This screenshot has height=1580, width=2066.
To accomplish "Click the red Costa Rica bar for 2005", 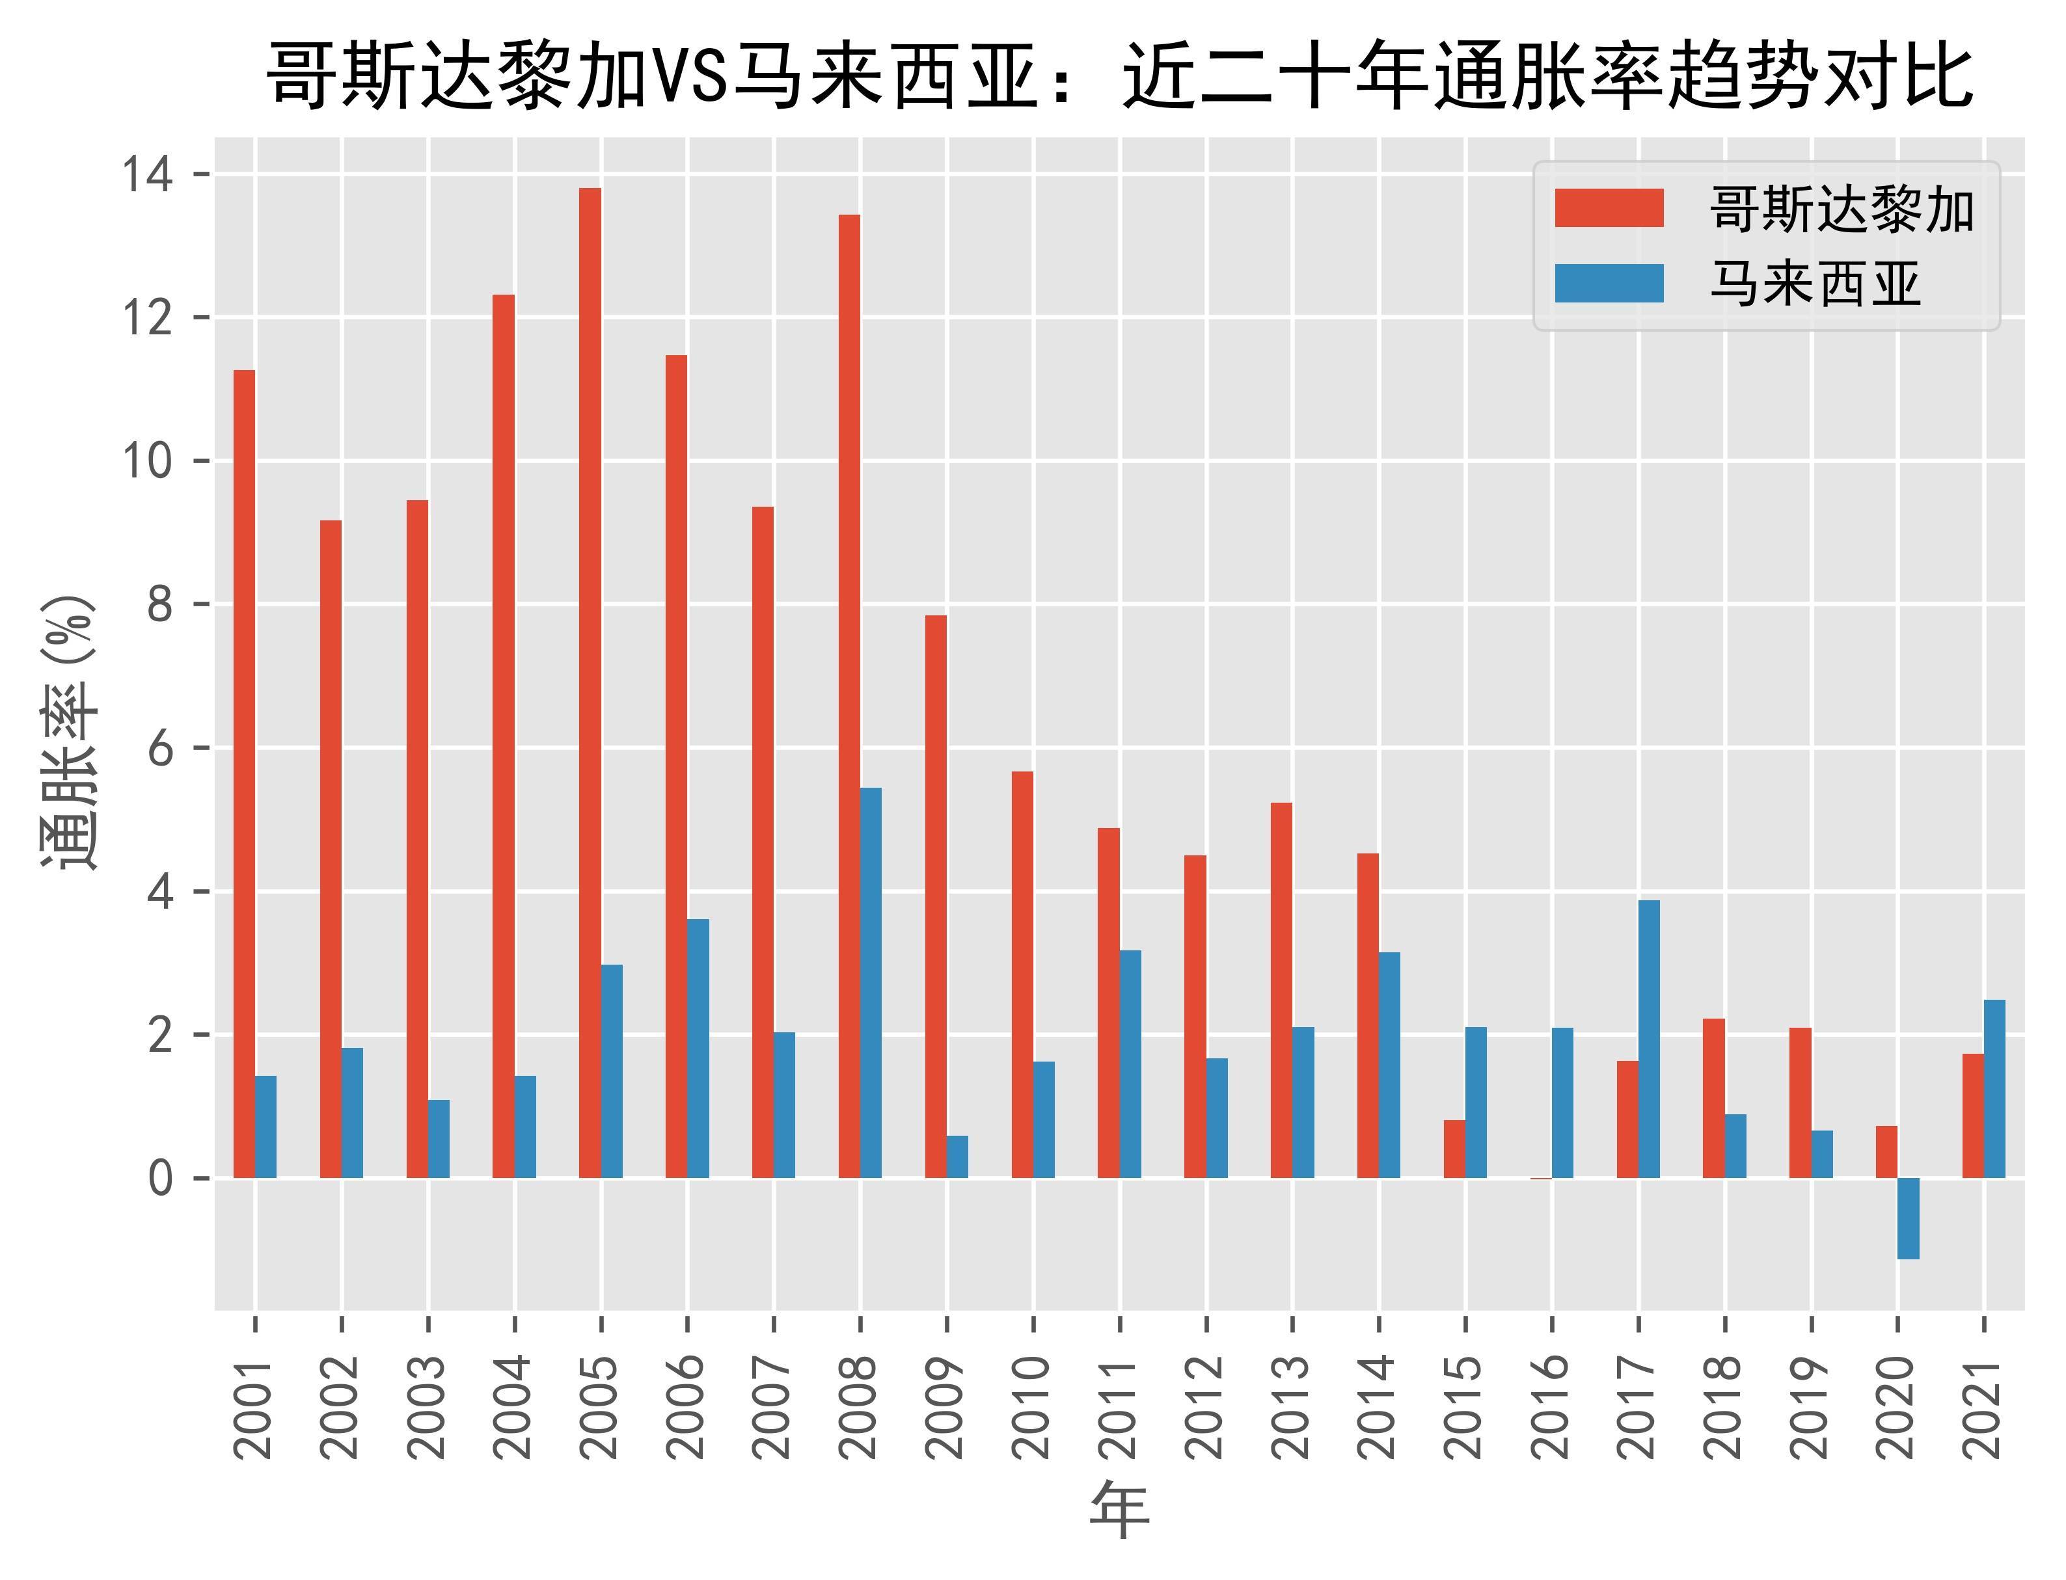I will pos(590,682).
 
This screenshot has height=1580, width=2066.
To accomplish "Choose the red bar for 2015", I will pos(1454,1148).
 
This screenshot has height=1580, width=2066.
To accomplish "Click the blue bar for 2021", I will pos(1994,1088).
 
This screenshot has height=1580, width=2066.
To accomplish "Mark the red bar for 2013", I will pos(1281,989).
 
